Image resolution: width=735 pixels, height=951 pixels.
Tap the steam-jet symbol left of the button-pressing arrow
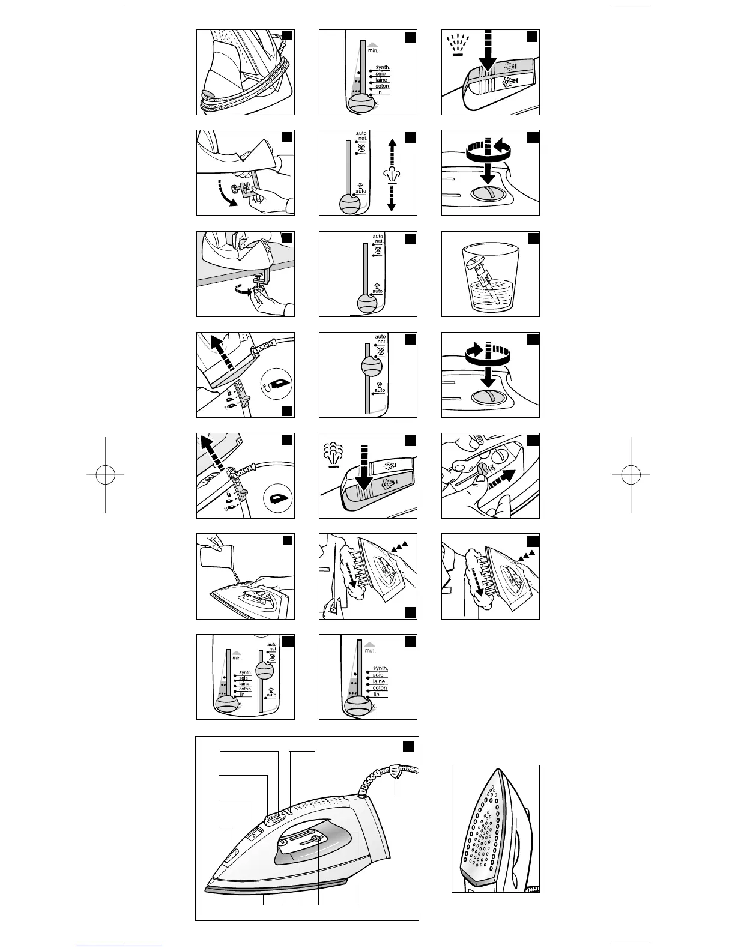332,454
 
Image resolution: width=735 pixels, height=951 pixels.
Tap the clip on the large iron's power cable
396,771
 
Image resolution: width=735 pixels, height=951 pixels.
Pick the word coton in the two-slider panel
245,689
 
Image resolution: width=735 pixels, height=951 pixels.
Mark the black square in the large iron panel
408,746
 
